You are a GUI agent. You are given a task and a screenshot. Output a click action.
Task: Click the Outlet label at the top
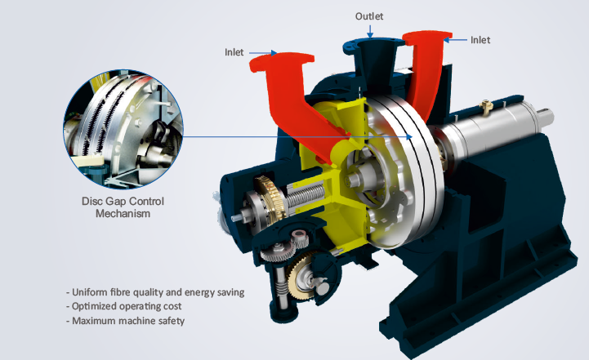(369, 16)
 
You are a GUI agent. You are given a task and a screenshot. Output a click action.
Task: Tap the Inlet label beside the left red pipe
(234, 52)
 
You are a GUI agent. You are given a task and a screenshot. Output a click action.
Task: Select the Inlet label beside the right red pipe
(480, 40)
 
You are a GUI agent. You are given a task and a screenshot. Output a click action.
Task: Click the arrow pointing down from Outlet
(370, 32)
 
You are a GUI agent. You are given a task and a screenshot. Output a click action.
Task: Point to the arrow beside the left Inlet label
(263, 53)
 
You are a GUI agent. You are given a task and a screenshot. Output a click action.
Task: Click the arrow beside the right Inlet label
(455, 39)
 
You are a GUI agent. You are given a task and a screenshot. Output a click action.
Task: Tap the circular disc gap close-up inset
(123, 129)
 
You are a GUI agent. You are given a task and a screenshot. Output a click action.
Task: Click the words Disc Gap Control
(123, 201)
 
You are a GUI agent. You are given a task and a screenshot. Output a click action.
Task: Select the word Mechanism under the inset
(123, 214)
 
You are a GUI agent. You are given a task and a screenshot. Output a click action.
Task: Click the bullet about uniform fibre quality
(155, 292)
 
